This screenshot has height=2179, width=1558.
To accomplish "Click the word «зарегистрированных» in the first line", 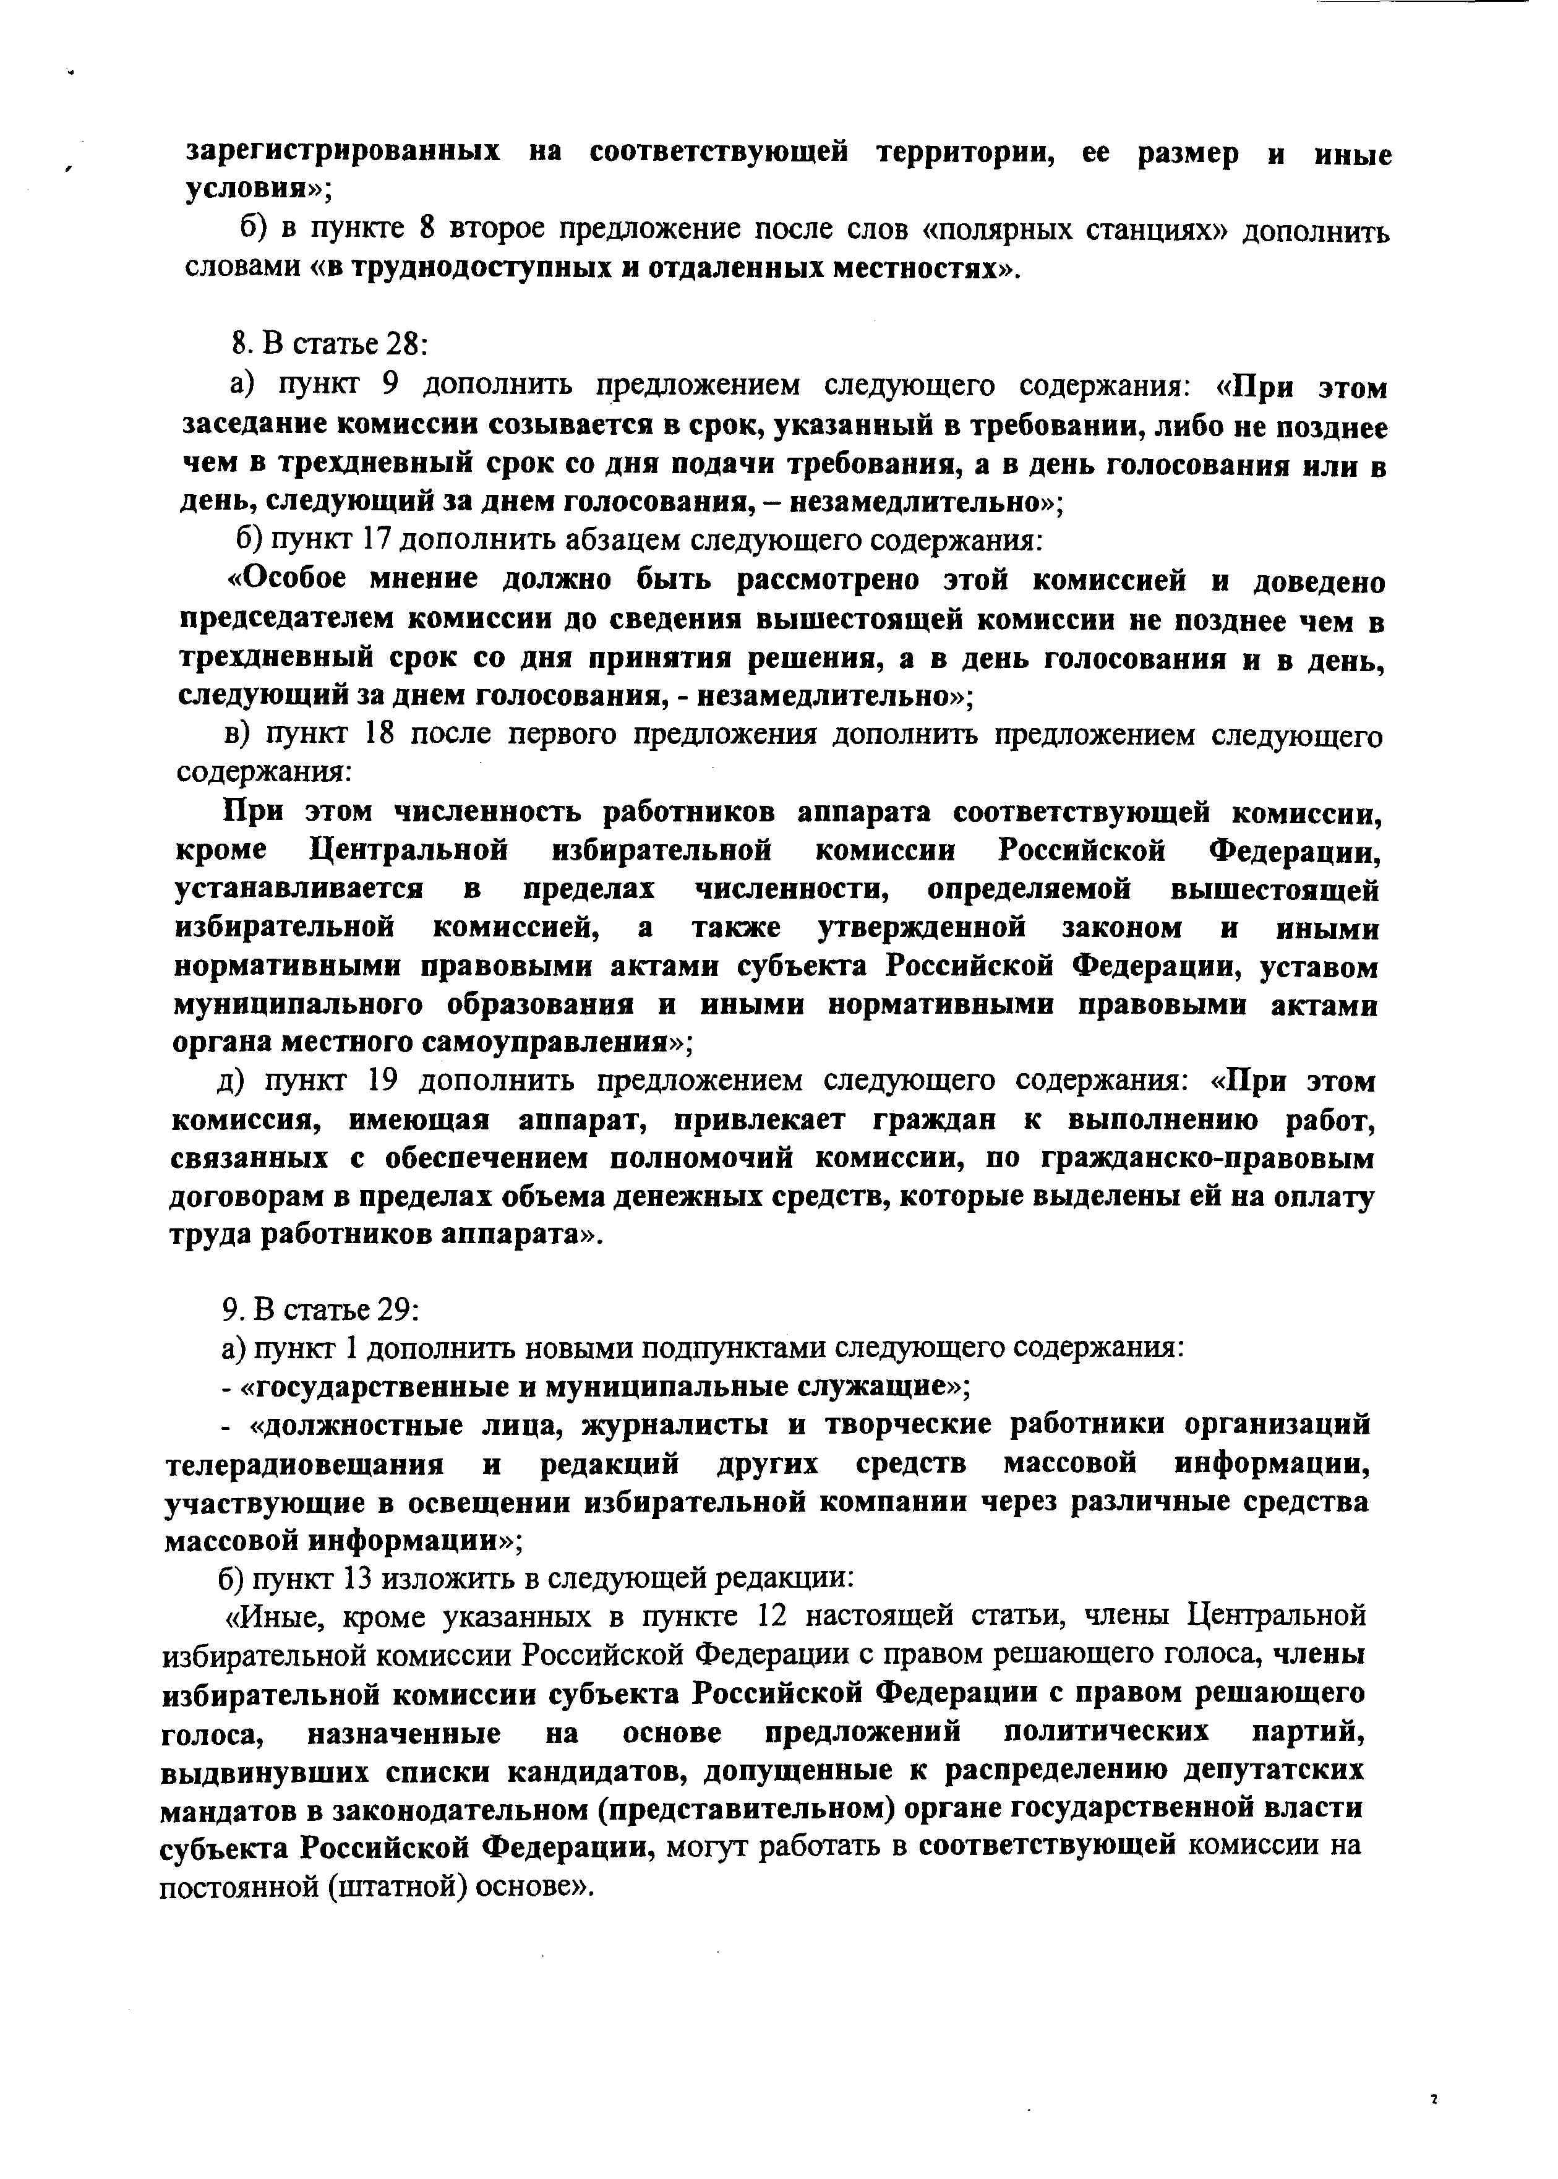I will tap(343, 153).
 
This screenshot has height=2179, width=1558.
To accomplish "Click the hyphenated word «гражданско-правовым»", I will tap(1207, 1159).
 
